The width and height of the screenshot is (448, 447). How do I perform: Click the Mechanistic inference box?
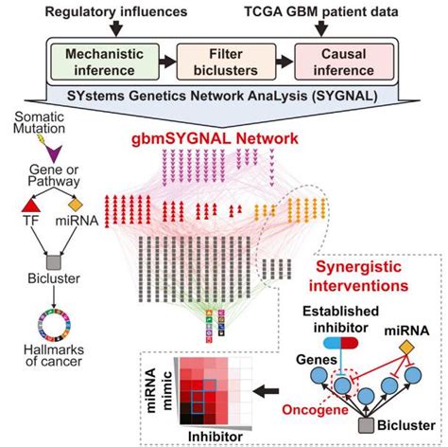click(x=105, y=62)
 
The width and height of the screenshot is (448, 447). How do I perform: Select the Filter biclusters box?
click(x=226, y=62)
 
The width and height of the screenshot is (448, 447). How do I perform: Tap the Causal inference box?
click(x=344, y=62)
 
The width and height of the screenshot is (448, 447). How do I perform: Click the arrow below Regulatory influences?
click(x=116, y=28)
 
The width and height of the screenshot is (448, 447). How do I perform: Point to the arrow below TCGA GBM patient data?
click(x=321, y=28)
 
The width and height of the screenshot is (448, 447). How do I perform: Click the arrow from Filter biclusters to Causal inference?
click(x=284, y=62)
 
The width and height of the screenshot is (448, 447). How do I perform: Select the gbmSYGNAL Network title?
click(x=215, y=138)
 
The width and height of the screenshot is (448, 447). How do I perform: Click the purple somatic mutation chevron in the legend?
click(x=54, y=153)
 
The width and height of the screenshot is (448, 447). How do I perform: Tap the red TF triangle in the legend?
click(x=31, y=206)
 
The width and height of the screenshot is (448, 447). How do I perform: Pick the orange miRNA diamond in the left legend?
click(x=76, y=205)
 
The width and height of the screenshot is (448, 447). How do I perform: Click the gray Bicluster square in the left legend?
click(x=54, y=262)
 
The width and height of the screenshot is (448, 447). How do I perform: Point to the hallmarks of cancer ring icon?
click(x=54, y=325)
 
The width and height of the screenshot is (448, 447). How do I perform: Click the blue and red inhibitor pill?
click(x=341, y=343)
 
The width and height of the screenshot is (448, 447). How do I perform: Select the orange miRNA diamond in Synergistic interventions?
click(x=406, y=348)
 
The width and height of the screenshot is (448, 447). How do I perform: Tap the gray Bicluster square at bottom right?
click(x=367, y=425)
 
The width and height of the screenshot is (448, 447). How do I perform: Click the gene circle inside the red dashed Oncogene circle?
click(x=343, y=385)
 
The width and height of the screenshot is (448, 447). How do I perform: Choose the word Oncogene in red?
click(x=316, y=410)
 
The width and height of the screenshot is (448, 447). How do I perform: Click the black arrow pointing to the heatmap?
click(x=267, y=392)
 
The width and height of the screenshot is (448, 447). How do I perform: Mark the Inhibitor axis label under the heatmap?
click(x=215, y=437)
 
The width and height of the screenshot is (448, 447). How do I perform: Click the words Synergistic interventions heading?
click(x=359, y=277)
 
